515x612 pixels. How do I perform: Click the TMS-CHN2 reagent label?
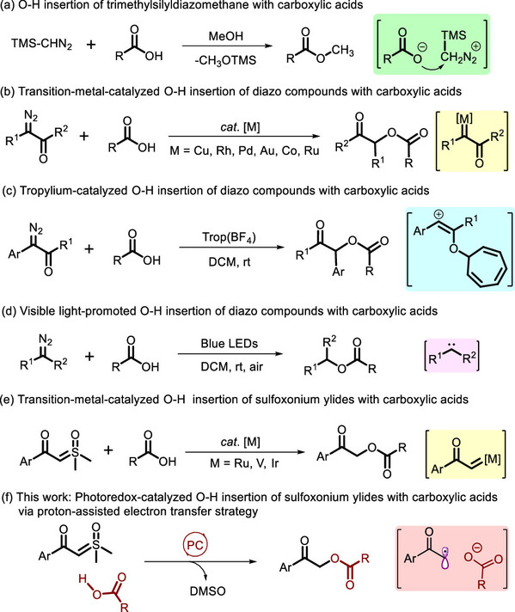tap(42, 44)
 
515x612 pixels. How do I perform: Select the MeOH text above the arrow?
tap(225, 36)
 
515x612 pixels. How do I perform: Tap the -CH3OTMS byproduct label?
tap(225, 60)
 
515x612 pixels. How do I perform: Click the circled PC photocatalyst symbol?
tap(195, 544)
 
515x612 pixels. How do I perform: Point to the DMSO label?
tap(208, 591)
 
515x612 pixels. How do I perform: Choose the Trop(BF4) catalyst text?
tap(229, 237)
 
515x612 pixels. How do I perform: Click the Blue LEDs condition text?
tap(230, 344)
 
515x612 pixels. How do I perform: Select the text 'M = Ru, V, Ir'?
tap(244, 463)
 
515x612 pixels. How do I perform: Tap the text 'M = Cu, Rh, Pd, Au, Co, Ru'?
tap(244, 150)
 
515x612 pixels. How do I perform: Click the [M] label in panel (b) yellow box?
tap(464, 119)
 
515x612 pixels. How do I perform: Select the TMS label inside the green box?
tap(454, 35)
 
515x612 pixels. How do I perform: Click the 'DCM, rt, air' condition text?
tap(231, 367)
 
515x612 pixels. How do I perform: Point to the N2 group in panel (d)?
tap(46, 340)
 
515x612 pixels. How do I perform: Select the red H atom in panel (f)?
tap(83, 578)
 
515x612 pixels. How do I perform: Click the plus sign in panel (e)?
tap(108, 450)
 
